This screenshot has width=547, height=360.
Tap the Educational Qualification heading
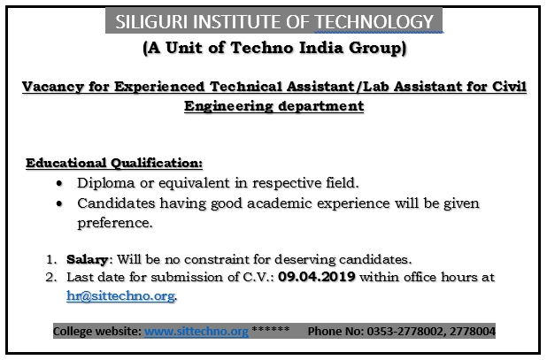113,164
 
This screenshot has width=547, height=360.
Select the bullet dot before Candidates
58,203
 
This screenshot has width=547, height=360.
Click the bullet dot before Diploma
58,183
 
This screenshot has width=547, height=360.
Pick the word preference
115,224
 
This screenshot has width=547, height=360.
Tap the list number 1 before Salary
50,260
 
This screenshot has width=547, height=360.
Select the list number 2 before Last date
50,277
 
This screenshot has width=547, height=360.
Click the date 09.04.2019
314,277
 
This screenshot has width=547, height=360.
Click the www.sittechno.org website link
195,332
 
